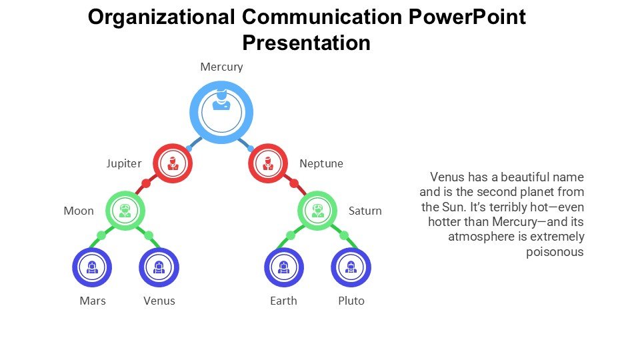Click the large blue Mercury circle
[221, 113]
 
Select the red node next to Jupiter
[173, 163]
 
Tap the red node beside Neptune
[267, 163]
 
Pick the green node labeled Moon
[125, 211]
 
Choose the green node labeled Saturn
[317, 211]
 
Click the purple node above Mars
[91, 267]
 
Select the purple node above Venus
[159, 267]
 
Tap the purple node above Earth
[284, 267]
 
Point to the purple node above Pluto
[351, 267]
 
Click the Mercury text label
[221, 67]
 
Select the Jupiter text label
[124, 163]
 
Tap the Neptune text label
[321, 163]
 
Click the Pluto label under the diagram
[351, 301]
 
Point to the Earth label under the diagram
[283, 301]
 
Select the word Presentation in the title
[306, 43]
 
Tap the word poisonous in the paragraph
[555, 251]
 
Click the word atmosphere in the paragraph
[479, 237]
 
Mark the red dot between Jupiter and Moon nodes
[146, 183]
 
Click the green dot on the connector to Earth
[291, 235]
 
